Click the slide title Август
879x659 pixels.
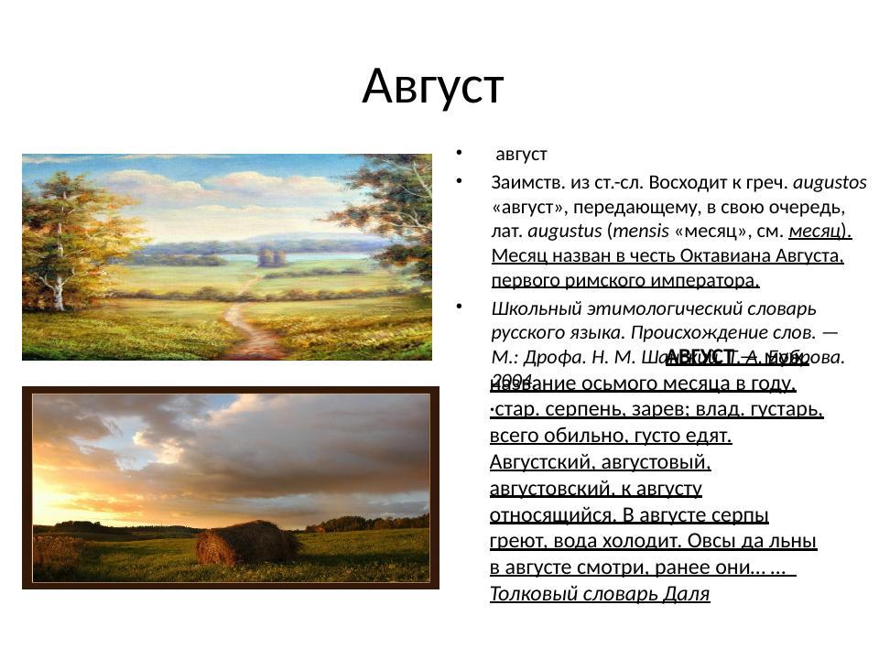[433, 87]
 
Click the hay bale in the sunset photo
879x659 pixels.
[244, 543]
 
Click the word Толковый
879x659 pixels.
[527, 594]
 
